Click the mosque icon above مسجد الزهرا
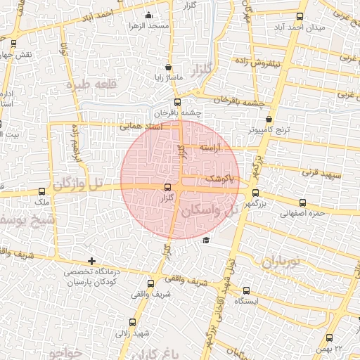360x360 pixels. point(148,15)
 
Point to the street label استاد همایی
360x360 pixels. point(141,127)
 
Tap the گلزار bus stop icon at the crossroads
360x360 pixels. point(167,188)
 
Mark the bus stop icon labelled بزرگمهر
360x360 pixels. point(255,191)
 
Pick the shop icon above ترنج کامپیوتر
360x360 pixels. point(269,119)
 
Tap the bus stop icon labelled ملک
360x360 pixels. point(42,191)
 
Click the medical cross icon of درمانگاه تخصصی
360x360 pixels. point(91,261)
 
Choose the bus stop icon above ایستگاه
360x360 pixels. point(246,290)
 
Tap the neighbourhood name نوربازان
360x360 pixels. point(281,262)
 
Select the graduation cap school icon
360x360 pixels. point(205,240)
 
